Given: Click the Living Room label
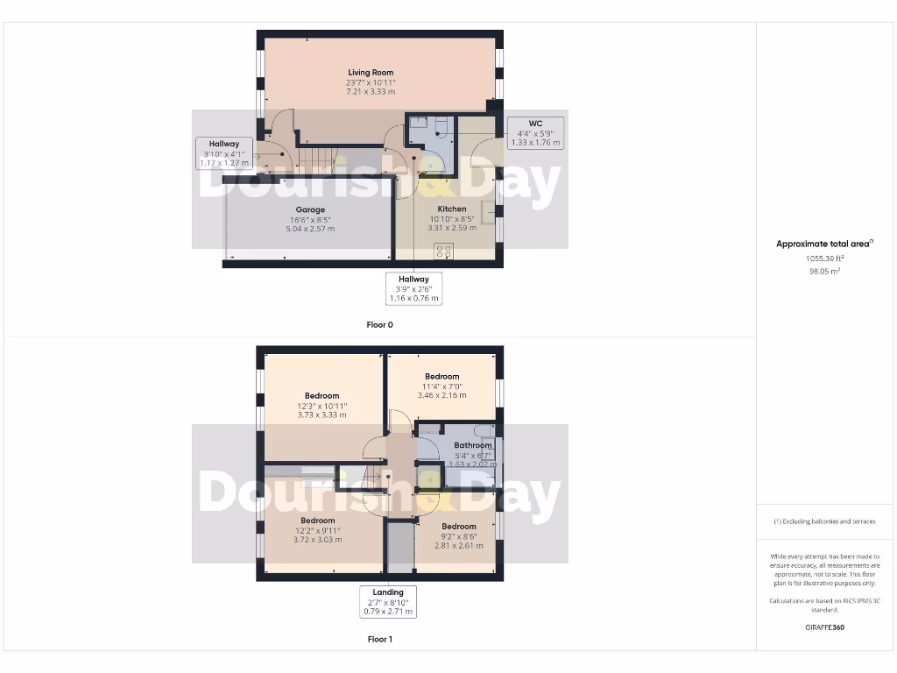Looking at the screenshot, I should pyautogui.click(x=371, y=73).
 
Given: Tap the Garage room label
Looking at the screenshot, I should pyautogui.click(x=310, y=210).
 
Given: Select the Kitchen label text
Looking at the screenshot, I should pyautogui.click(x=452, y=209).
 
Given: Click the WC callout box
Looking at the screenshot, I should pyautogui.click(x=536, y=132).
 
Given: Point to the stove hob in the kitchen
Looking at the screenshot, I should pyautogui.click(x=443, y=251).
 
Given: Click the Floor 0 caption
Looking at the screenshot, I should pyautogui.click(x=380, y=325).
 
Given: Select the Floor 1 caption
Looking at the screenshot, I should pyautogui.click(x=380, y=640).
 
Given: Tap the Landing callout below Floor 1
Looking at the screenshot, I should pyautogui.click(x=388, y=602).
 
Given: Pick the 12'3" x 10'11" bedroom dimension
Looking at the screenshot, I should pyautogui.click(x=322, y=407).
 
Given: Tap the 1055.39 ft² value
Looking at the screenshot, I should pyautogui.click(x=824, y=259).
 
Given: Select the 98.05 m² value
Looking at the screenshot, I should pyautogui.click(x=824, y=272).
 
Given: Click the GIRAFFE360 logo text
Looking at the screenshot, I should pyautogui.click(x=824, y=627).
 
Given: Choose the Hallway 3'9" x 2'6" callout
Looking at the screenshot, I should pyautogui.click(x=414, y=288).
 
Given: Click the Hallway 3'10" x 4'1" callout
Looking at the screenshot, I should pyautogui.click(x=224, y=153).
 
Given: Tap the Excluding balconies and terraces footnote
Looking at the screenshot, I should pyautogui.click(x=824, y=521).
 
